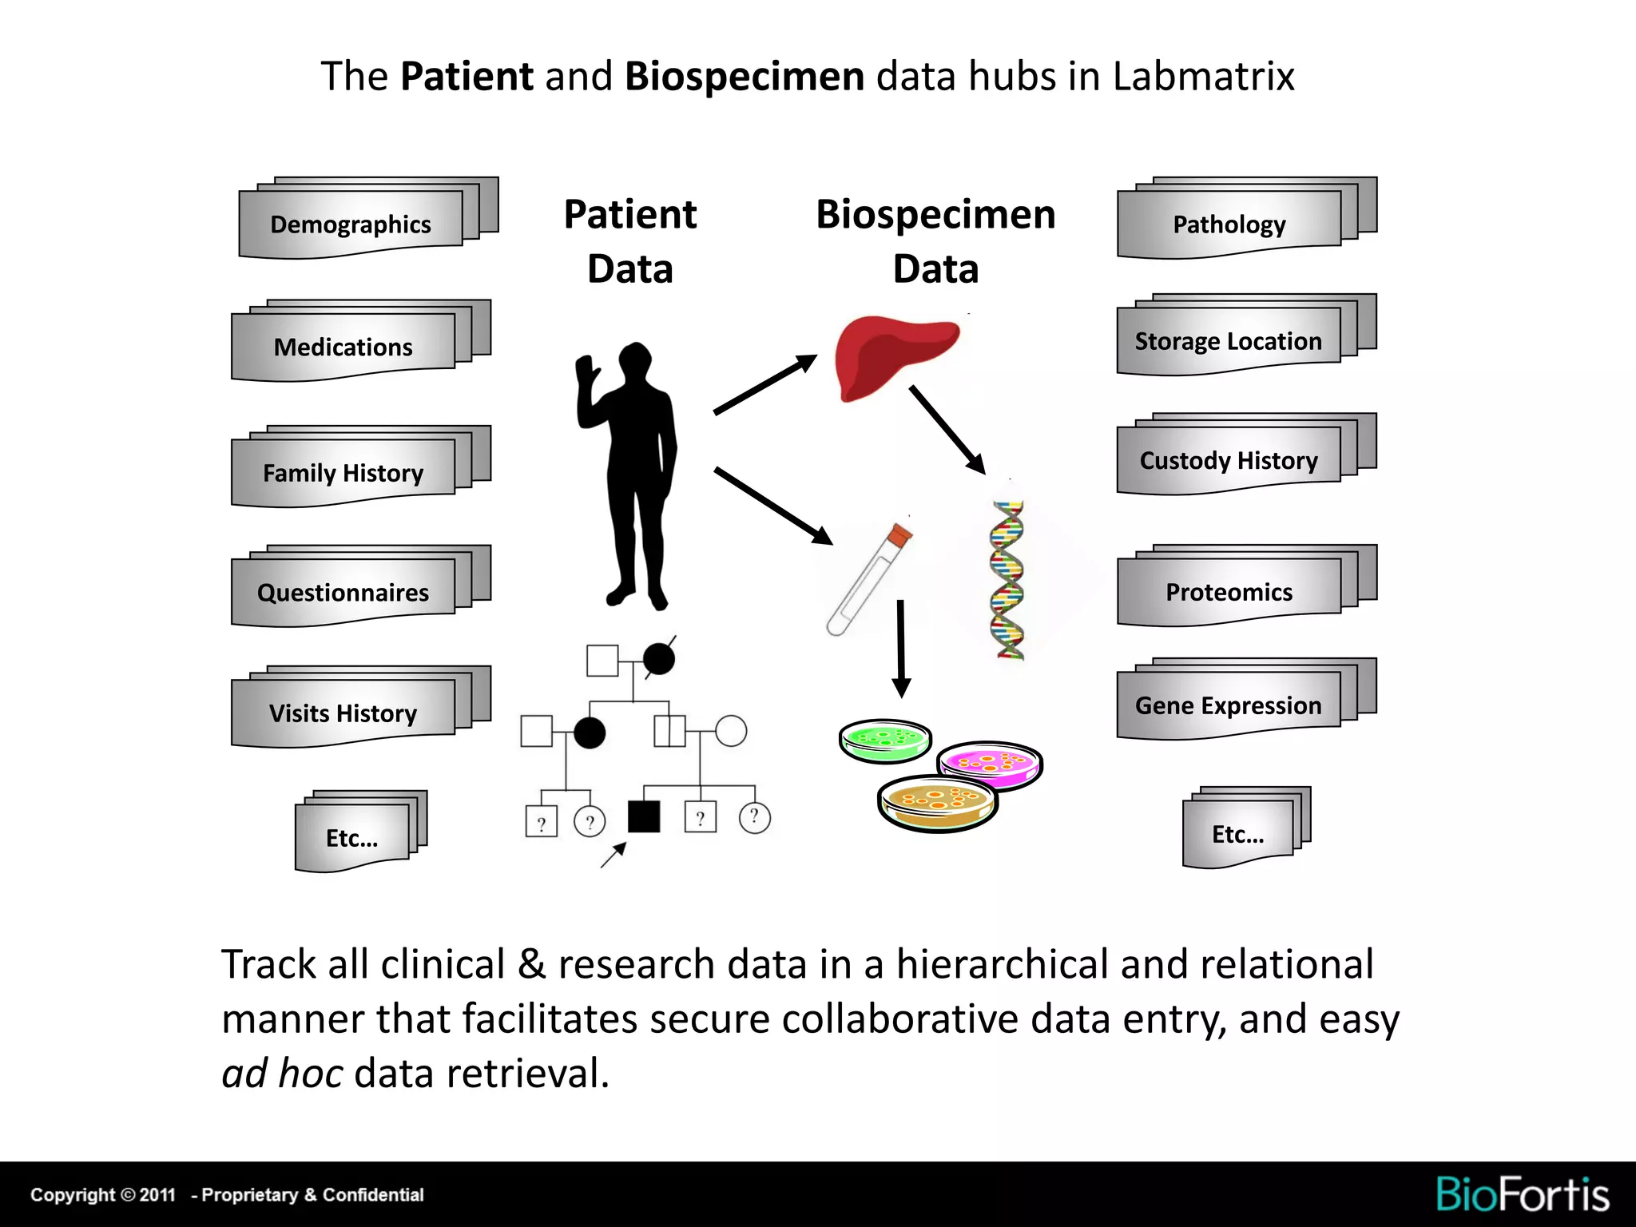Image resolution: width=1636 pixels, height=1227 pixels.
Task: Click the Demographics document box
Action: [351, 224]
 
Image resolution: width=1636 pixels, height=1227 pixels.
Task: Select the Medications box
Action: [343, 347]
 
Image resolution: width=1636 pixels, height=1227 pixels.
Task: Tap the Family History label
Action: [343, 473]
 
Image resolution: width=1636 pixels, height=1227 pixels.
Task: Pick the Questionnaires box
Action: [343, 592]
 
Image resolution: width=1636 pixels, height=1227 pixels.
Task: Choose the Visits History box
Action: [343, 713]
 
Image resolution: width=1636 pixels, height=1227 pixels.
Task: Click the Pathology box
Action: [1229, 224]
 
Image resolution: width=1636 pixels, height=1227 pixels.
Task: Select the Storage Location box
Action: [1229, 341]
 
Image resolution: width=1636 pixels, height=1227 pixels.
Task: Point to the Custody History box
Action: [1229, 460]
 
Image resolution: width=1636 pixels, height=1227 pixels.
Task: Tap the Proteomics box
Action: [1229, 592]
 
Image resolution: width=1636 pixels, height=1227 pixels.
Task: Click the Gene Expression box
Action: [1229, 705]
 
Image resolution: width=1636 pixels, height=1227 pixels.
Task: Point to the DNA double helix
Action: [1008, 580]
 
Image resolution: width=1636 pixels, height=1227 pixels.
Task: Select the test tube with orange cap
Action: [869, 578]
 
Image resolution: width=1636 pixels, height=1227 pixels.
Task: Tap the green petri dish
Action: [885, 740]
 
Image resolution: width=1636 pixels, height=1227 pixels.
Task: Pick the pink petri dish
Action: [990, 763]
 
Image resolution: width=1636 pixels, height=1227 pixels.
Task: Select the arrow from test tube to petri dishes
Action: [901, 647]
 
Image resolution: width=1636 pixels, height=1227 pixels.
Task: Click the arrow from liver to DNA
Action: [947, 430]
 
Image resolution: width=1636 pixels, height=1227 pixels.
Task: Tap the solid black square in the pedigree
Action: [644, 816]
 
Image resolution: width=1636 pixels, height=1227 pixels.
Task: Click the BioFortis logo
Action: [1523, 1194]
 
